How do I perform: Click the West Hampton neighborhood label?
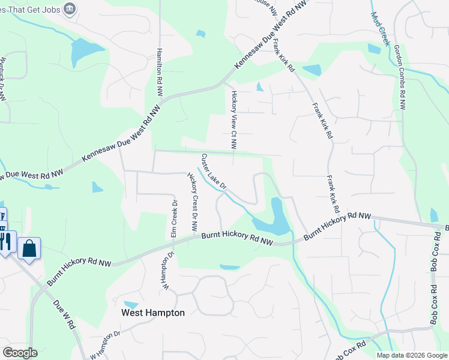pos(153,313)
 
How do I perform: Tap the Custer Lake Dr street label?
pos(213,172)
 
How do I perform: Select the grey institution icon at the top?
pos(70,8)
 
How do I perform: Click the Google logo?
pos(20,353)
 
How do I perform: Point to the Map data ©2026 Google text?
pos(411,355)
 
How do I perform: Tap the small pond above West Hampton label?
pos(130,305)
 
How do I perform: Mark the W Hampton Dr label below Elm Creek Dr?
pos(167,269)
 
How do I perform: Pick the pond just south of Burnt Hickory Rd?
pos(230,267)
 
